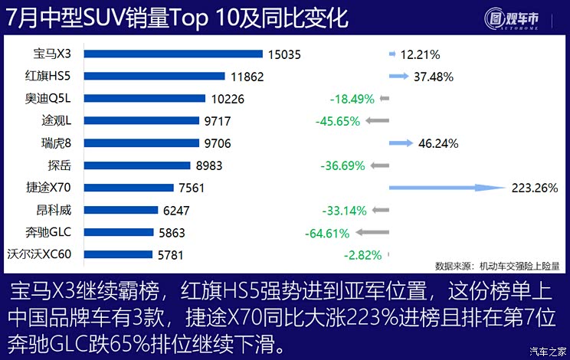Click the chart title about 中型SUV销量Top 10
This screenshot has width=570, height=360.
[177, 19]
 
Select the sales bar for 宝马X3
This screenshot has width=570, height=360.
[172, 54]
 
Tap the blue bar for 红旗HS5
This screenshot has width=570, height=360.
[154, 76]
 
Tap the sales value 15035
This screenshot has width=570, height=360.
[283, 54]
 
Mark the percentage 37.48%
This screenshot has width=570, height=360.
[433, 77]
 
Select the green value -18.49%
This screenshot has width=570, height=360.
[352, 99]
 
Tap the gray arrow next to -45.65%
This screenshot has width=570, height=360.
[377, 121]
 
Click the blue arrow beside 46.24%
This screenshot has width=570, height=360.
[400, 143]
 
